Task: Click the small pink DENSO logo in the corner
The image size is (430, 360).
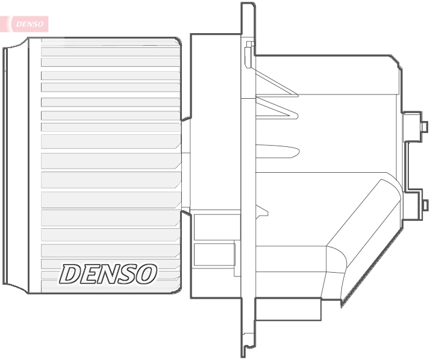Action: [x=29, y=24]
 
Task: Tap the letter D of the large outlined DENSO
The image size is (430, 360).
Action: [x=71, y=275]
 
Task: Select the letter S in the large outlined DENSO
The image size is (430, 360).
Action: [x=127, y=275]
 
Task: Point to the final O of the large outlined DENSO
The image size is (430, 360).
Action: [x=146, y=275]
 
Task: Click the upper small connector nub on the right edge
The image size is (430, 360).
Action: [x=424, y=126]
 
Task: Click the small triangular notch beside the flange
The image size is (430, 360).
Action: [x=262, y=210]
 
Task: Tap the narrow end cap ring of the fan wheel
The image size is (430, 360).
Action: [x=7, y=165]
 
